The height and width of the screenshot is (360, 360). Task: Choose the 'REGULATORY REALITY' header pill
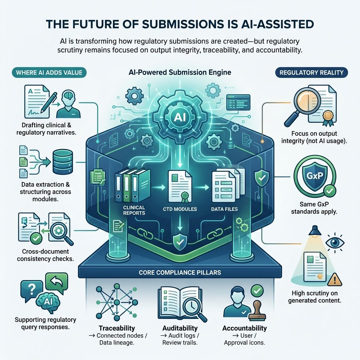point(311,72)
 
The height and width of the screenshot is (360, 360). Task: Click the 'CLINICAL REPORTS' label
point(134,210)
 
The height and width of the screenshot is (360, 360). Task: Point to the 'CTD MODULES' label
point(180,209)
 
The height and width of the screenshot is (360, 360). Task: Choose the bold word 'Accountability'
point(244,328)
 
